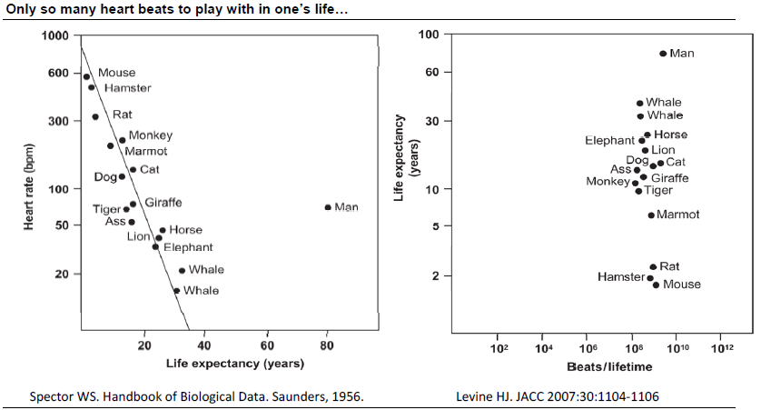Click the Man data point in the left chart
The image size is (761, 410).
coord(328,207)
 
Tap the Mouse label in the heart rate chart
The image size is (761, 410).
coord(116,73)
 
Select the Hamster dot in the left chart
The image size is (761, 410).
coord(92,87)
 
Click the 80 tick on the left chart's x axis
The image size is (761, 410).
coord(327,345)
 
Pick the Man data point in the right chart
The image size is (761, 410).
coord(663,54)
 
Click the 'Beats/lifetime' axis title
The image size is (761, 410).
coord(609,367)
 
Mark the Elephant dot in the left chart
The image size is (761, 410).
coord(155,246)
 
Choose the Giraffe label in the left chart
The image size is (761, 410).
coord(163,202)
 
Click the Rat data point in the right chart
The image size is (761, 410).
coord(653,267)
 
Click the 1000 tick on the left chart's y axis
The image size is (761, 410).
coord(54,36)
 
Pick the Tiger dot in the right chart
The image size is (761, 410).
coord(638,191)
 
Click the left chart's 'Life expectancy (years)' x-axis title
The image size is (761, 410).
coord(234,363)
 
